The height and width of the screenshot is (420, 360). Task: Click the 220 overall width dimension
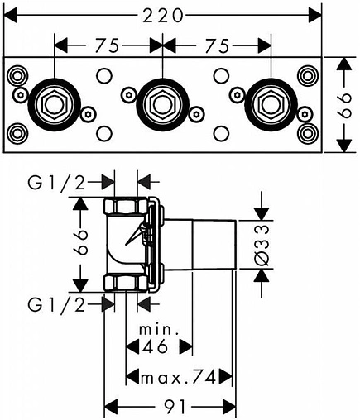coord(163,15)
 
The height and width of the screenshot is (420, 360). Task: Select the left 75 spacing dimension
coord(107,45)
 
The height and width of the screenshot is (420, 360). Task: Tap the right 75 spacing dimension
coord(217,45)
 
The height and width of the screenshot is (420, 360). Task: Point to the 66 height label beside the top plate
coord(344,105)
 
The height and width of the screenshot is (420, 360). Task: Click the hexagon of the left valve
coord(55,105)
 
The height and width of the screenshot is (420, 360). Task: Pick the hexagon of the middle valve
coord(162,105)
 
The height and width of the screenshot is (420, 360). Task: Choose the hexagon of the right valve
coord(271,105)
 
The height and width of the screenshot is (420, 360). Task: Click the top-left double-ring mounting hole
coord(17,75)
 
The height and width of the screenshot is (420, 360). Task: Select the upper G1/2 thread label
coord(56,183)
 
